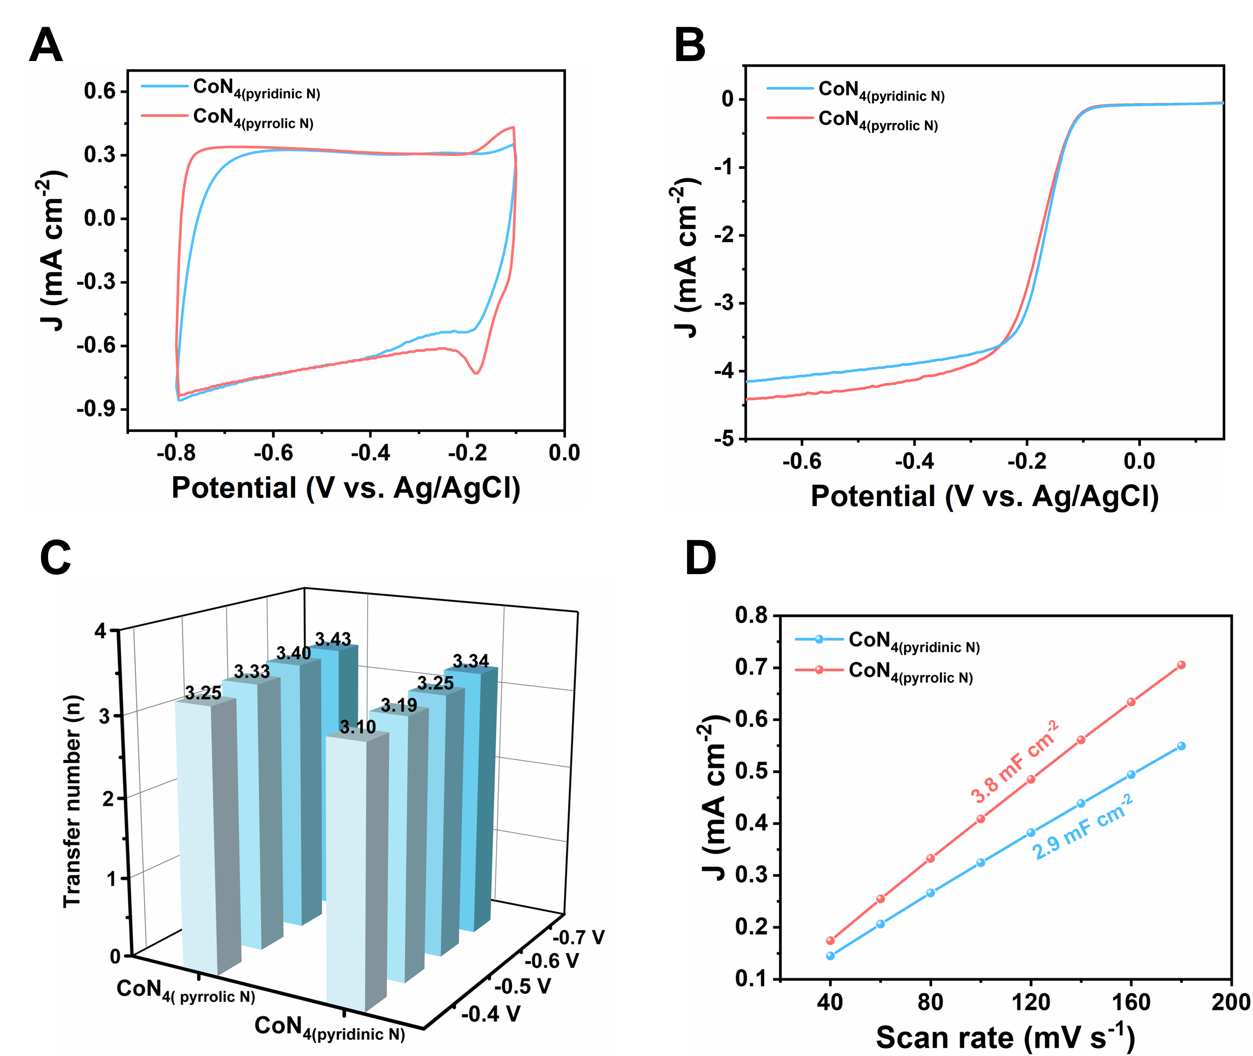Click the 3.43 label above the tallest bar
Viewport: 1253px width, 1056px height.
pyautogui.click(x=333, y=639)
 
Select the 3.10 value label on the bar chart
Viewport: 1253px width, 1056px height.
pyautogui.click(x=357, y=727)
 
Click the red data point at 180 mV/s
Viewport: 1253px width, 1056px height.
pyautogui.click(x=1181, y=665)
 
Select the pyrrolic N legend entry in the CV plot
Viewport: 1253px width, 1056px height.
pyautogui.click(x=253, y=119)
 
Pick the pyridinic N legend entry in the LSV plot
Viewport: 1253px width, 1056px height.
pyautogui.click(x=881, y=92)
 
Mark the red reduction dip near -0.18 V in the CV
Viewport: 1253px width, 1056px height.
pyautogui.click(x=476, y=372)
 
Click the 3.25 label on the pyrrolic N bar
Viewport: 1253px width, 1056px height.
pyautogui.click(x=203, y=693)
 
